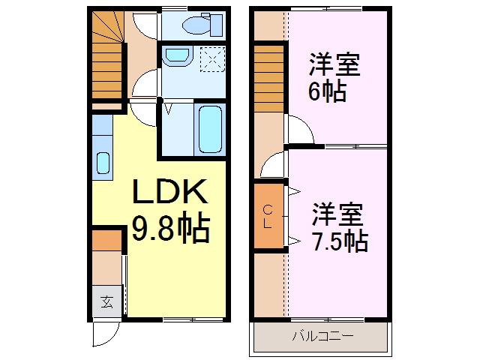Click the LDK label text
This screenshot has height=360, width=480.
[x=170, y=193]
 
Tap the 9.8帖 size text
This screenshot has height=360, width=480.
[x=170, y=229]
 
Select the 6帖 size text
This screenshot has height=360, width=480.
[x=325, y=92]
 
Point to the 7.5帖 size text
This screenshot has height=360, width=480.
[x=339, y=240]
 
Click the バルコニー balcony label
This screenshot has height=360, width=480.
[x=322, y=337]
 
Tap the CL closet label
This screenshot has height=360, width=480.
[x=268, y=218]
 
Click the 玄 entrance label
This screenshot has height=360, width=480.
[x=107, y=302]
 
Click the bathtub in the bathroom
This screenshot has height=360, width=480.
[x=209, y=128]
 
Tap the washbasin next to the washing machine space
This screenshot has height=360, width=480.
[x=177, y=56]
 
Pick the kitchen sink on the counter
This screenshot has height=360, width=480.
[x=103, y=163]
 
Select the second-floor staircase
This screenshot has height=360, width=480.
[x=269, y=79]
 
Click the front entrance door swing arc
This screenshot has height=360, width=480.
[x=106, y=333]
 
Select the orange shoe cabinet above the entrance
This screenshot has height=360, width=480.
[x=107, y=241]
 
